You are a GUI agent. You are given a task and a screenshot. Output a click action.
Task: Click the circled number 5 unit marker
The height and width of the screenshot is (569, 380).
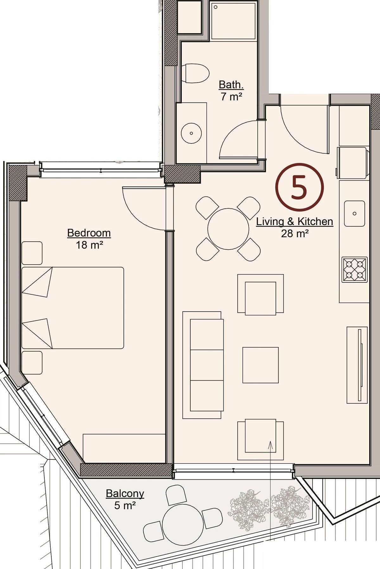click(x=300, y=187)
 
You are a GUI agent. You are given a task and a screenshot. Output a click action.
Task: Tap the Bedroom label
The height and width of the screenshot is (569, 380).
click(x=89, y=233)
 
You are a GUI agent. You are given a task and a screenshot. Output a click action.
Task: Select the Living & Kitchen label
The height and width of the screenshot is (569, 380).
click(x=294, y=222)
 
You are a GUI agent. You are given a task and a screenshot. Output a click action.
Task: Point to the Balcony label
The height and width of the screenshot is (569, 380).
click(x=125, y=493)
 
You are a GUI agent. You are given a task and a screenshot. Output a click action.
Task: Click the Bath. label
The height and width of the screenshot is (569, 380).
click(x=231, y=85)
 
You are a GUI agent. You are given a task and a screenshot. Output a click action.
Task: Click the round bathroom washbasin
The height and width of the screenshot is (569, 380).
click(x=191, y=133)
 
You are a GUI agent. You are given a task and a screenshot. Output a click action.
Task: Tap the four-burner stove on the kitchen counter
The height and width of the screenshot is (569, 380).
click(x=355, y=269)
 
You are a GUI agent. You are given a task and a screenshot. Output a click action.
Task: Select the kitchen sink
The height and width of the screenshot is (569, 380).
click(x=355, y=213)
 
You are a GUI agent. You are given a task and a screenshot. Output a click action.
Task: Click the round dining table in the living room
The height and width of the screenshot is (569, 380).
click(x=228, y=229)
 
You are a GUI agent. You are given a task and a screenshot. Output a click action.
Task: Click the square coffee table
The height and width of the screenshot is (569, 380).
click(x=261, y=365)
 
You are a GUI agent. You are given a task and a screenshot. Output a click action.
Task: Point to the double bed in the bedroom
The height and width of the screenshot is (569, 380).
click(x=73, y=308)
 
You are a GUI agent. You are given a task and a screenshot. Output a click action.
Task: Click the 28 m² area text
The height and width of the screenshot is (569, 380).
click(x=295, y=234)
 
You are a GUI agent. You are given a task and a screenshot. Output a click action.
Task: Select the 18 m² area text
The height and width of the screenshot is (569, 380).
click(x=89, y=245)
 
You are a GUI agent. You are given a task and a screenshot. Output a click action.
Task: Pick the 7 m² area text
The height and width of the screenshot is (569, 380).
click(x=231, y=96)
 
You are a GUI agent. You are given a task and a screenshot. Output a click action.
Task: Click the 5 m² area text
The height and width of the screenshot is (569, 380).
click(x=125, y=505)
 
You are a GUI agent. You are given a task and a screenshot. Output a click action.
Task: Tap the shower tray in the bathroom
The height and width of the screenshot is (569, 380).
click(x=233, y=21)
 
